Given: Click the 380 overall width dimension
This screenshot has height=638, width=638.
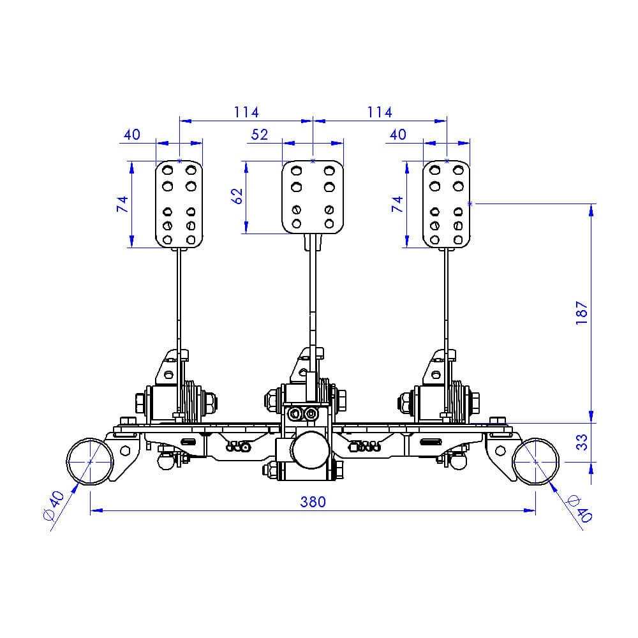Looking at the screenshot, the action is [x=313, y=501].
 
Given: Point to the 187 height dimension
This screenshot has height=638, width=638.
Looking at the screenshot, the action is [x=582, y=313].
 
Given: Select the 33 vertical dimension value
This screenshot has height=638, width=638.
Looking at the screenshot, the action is [x=582, y=442].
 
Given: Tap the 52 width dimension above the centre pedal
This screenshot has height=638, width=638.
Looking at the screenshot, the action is [x=259, y=135].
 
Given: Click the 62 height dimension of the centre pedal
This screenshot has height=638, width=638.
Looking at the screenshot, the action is [x=237, y=196].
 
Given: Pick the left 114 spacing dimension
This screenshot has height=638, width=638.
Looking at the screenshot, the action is [x=246, y=112].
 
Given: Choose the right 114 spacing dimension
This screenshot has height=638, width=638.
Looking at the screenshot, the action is [x=380, y=112].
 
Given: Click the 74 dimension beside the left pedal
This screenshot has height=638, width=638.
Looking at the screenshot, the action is [x=122, y=204].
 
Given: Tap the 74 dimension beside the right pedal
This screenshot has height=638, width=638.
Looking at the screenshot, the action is [x=397, y=204].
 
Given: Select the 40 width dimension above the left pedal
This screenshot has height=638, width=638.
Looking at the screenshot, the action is [x=132, y=135].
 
